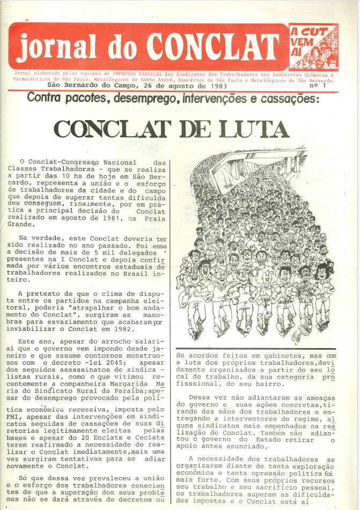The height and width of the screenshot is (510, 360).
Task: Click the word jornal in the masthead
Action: (55, 47)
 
